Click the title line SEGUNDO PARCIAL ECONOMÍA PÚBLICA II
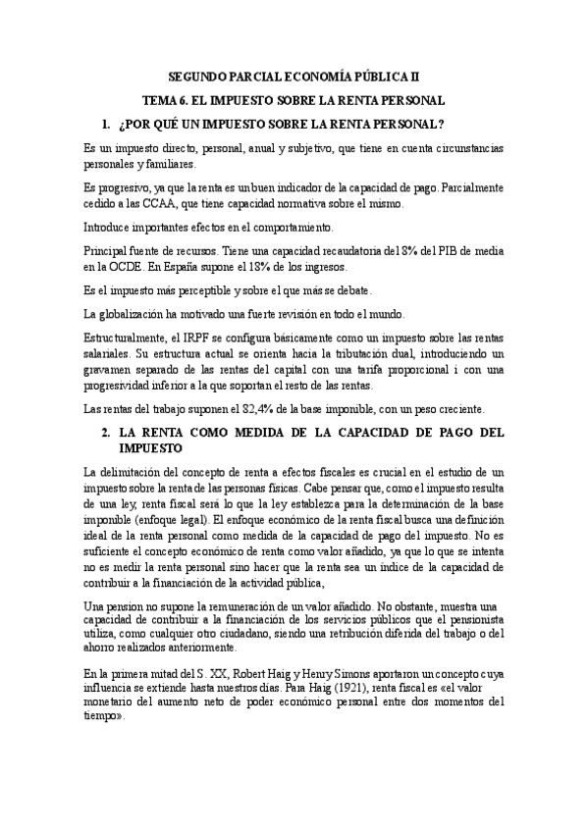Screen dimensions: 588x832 tap(294, 75)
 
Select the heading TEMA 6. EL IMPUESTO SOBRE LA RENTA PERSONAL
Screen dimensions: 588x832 tap(294, 99)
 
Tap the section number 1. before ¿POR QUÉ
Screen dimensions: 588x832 tap(106, 125)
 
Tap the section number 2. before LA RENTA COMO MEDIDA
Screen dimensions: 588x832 tap(106, 431)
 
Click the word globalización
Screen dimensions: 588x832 tap(135, 314)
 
